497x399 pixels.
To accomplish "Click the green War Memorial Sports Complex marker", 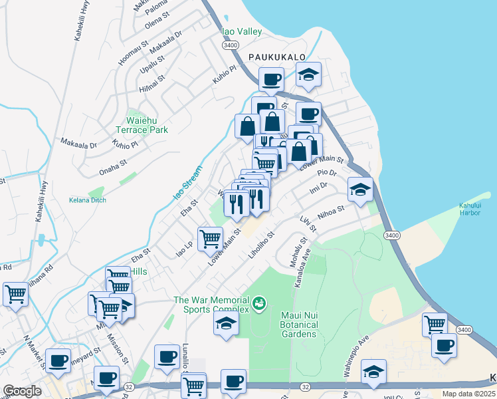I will [x=260, y=305].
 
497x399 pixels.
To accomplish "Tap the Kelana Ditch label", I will [x=88, y=199].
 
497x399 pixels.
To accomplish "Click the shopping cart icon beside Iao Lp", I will [x=210, y=237].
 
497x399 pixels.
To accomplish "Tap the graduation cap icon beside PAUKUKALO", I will [x=308, y=74].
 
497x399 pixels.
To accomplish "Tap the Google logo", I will [x=22, y=391].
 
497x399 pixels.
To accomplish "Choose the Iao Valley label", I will [x=242, y=31].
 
